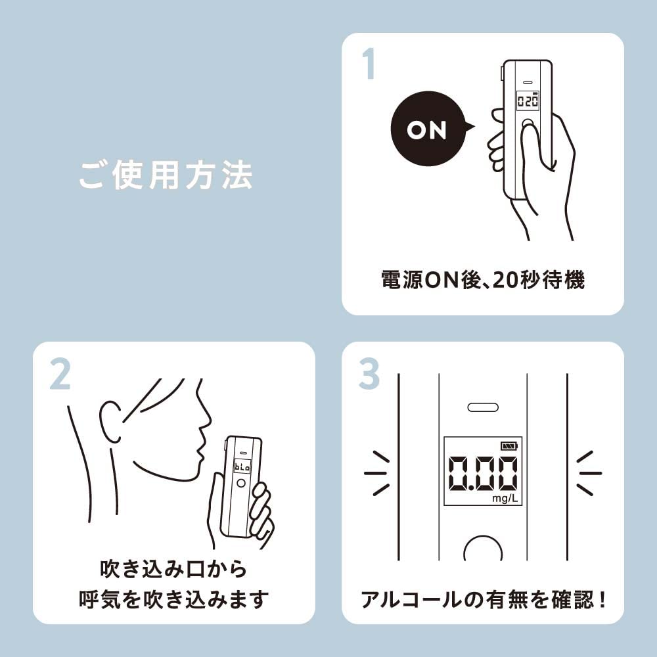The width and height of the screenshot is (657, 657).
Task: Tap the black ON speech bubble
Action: tap(430, 128)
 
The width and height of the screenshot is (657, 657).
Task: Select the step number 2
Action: tap(60, 374)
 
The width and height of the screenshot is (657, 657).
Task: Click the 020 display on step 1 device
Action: tap(528, 101)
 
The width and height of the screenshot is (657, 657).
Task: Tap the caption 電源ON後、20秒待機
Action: tap(483, 280)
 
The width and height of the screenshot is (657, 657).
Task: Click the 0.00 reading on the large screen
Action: tap(483, 474)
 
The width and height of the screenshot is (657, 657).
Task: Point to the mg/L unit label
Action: tap(505, 498)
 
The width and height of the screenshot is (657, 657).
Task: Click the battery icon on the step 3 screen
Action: tap(509, 445)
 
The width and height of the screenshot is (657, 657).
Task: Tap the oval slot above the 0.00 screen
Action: tap(483, 407)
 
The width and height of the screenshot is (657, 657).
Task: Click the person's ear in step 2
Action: tap(110, 422)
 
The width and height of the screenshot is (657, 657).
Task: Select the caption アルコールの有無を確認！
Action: tap(483, 600)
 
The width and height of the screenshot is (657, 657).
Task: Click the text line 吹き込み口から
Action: tap(173, 569)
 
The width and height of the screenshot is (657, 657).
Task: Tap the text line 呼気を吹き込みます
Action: tap(173, 599)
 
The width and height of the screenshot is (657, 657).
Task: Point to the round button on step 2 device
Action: tap(241, 483)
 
